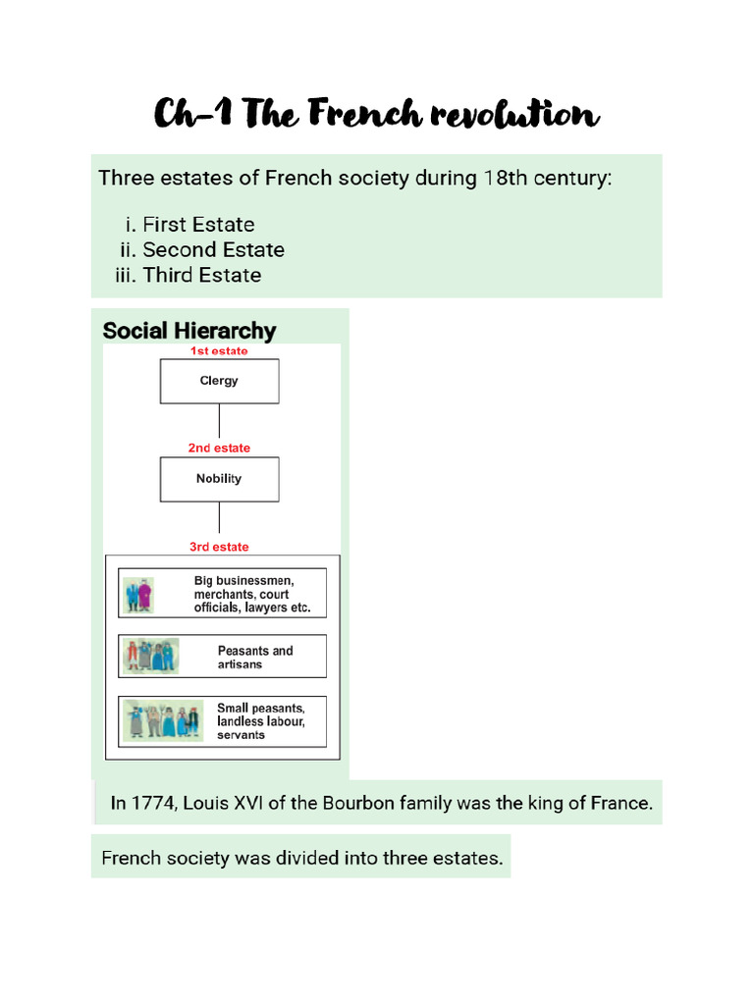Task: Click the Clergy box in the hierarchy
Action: [219, 381]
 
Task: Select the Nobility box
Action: [219, 479]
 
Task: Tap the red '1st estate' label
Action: [219, 350]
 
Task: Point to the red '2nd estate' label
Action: [219, 448]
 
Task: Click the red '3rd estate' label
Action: [219, 547]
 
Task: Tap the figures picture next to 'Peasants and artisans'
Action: [150, 656]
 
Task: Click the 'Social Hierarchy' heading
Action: [189, 331]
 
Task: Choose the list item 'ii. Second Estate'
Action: [202, 250]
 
